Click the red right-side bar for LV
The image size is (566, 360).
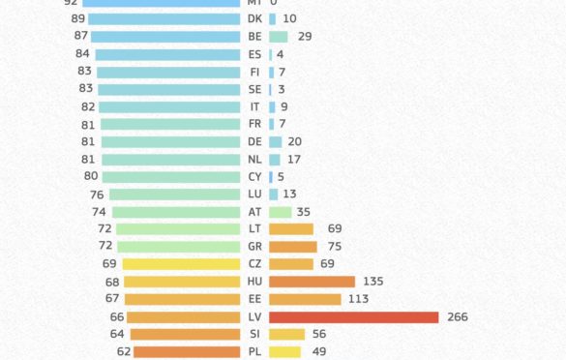tap(353, 316)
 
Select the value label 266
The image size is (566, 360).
tap(459, 316)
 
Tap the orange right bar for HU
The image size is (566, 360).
tap(312, 282)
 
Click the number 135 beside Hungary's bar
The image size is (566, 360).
tap(372, 282)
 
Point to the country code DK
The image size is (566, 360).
tap(254, 18)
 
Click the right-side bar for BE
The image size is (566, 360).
tap(278, 36)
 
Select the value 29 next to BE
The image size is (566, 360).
tap(305, 36)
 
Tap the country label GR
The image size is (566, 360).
tap(254, 247)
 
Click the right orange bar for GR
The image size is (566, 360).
tap(292, 247)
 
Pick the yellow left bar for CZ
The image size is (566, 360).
tap(181, 264)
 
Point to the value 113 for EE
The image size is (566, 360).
tap(358, 299)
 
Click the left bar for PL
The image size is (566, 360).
tap(187, 351)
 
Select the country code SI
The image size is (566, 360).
tap(254, 334)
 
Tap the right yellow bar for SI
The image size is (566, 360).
tap(286, 334)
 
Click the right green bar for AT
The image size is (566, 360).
tap(280, 212)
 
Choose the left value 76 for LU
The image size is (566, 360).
tap(97, 195)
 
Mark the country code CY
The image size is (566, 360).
tap(254, 177)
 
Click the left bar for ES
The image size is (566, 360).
tap(167, 54)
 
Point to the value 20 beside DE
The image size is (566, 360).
tap(294, 141)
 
